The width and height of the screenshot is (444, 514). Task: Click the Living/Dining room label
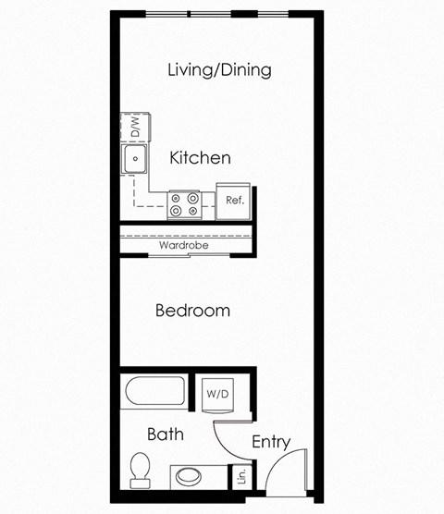pyautogui.click(x=219, y=70)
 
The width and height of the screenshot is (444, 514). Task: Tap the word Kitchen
pyautogui.click(x=200, y=158)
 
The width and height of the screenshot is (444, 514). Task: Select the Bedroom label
pyautogui.click(x=192, y=311)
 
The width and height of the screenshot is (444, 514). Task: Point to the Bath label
pyautogui.click(x=165, y=434)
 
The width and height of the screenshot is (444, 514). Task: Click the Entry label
pyautogui.click(x=271, y=442)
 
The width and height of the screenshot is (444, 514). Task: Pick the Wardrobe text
pyautogui.click(x=182, y=246)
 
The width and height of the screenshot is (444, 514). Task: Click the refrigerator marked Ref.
pyautogui.click(x=234, y=200)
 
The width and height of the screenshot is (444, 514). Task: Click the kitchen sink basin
pyautogui.click(x=135, y=159)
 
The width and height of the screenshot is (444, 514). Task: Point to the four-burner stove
pyautogui.click(x=185, y=204)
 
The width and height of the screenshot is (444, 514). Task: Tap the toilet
pyautogui.click(x=141, y=470)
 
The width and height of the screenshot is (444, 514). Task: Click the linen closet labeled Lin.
pyautogui.click(x=240, y=477)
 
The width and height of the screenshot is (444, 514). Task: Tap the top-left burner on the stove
pyautogui.click(x=177, y=197)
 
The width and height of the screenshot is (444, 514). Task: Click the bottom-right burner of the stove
pyautogui.click(x=193, y=212)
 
